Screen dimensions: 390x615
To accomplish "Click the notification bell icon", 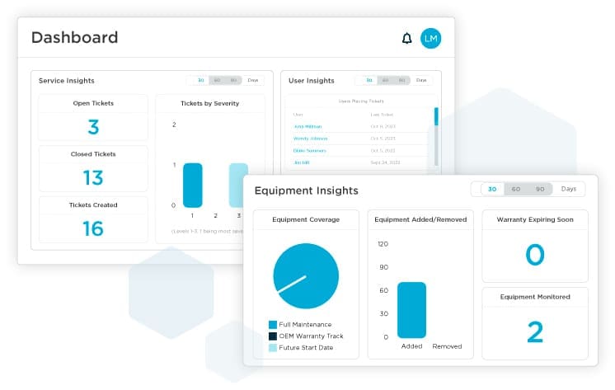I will pyautogui.click(x=406, y=38).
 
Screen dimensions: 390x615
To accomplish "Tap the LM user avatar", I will pyautogui.click(x=430, y=38).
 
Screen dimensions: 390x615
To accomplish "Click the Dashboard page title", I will pyautogui.click(x=74, y=37).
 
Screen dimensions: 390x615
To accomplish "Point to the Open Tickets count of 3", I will pyautogui.click(x=93, y=127).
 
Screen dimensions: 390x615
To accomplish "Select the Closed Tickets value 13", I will pyautogui.click(x=93, y=177).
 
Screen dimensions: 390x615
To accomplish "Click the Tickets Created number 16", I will pyautogui.click(x=93, y=228).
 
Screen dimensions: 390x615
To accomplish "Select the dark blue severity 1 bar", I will pyautogui.click(x=192, y=185).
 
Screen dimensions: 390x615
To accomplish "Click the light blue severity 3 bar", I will pyautogui.click(x=237, y=185).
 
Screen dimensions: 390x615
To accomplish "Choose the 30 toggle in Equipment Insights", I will pyautogui.click(x=492, y=189).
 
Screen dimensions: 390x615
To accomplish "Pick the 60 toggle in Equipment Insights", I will pyautogui.click(x=516, y=189).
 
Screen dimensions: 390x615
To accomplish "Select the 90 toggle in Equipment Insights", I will pyautogui.click(x=540, y=189).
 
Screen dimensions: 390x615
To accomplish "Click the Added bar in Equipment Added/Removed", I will pyautogui.click(x=411, y=310).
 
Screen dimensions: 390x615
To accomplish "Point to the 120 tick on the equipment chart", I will pyautogui.click(x=383, y=244).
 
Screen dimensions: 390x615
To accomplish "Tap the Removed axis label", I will pyautogui.click(x=447, y=346).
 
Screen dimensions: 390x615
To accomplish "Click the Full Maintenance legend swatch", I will pyautogui.click(x=273, y=325).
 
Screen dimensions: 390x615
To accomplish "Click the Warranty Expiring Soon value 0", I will pyautogui.click(x=535, y=256).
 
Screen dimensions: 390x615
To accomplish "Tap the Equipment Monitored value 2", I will pyautogui.click(x=535, y=331).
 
